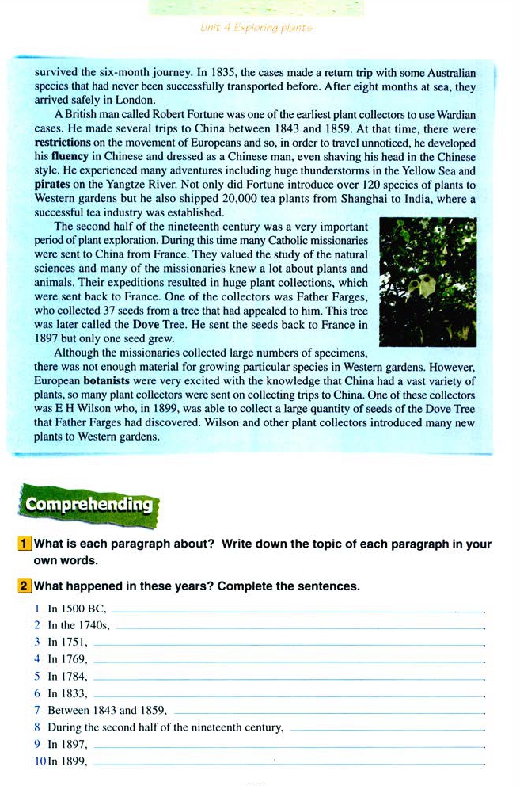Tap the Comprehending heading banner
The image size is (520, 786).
click(x=88, y=504)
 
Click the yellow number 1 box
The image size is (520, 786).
click(x=25, y=544)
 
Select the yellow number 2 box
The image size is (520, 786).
click(x=25, y=586)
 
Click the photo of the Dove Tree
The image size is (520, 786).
click(x=427, y=283)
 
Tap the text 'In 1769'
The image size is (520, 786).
click(x=67, y=658)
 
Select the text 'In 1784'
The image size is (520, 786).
click(x=67, y=676)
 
